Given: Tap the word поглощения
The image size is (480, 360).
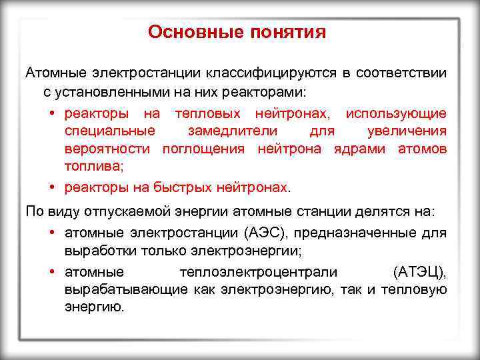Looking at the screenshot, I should [207, 148].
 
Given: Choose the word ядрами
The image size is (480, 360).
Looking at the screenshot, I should [359, 148].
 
